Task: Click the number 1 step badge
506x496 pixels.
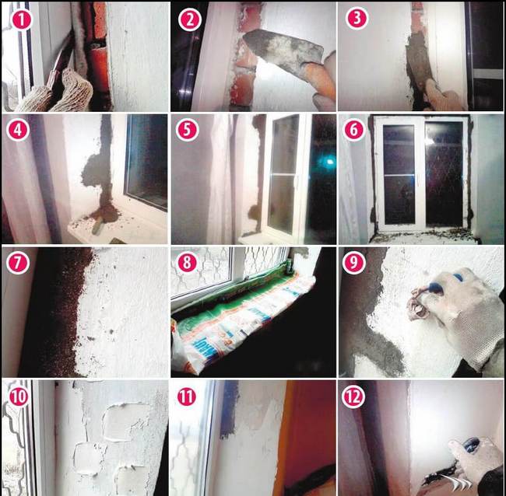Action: [x=19, y=18]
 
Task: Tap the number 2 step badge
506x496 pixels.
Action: [x=188, y=19]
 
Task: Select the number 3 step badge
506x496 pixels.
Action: [x=357, y=19]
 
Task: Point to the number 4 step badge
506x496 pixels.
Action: [x=19, y=131]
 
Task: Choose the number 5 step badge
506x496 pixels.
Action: [x=188, y=131]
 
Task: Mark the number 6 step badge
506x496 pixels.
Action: [x=357, y=131]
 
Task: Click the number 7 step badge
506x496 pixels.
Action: [x=19, y=264]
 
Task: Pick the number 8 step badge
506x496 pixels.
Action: [x=188, y=264]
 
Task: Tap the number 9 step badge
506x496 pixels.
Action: [x=357, y=264]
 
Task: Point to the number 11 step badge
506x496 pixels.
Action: [x=188, y=396]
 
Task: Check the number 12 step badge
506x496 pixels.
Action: [x=357, y=396]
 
